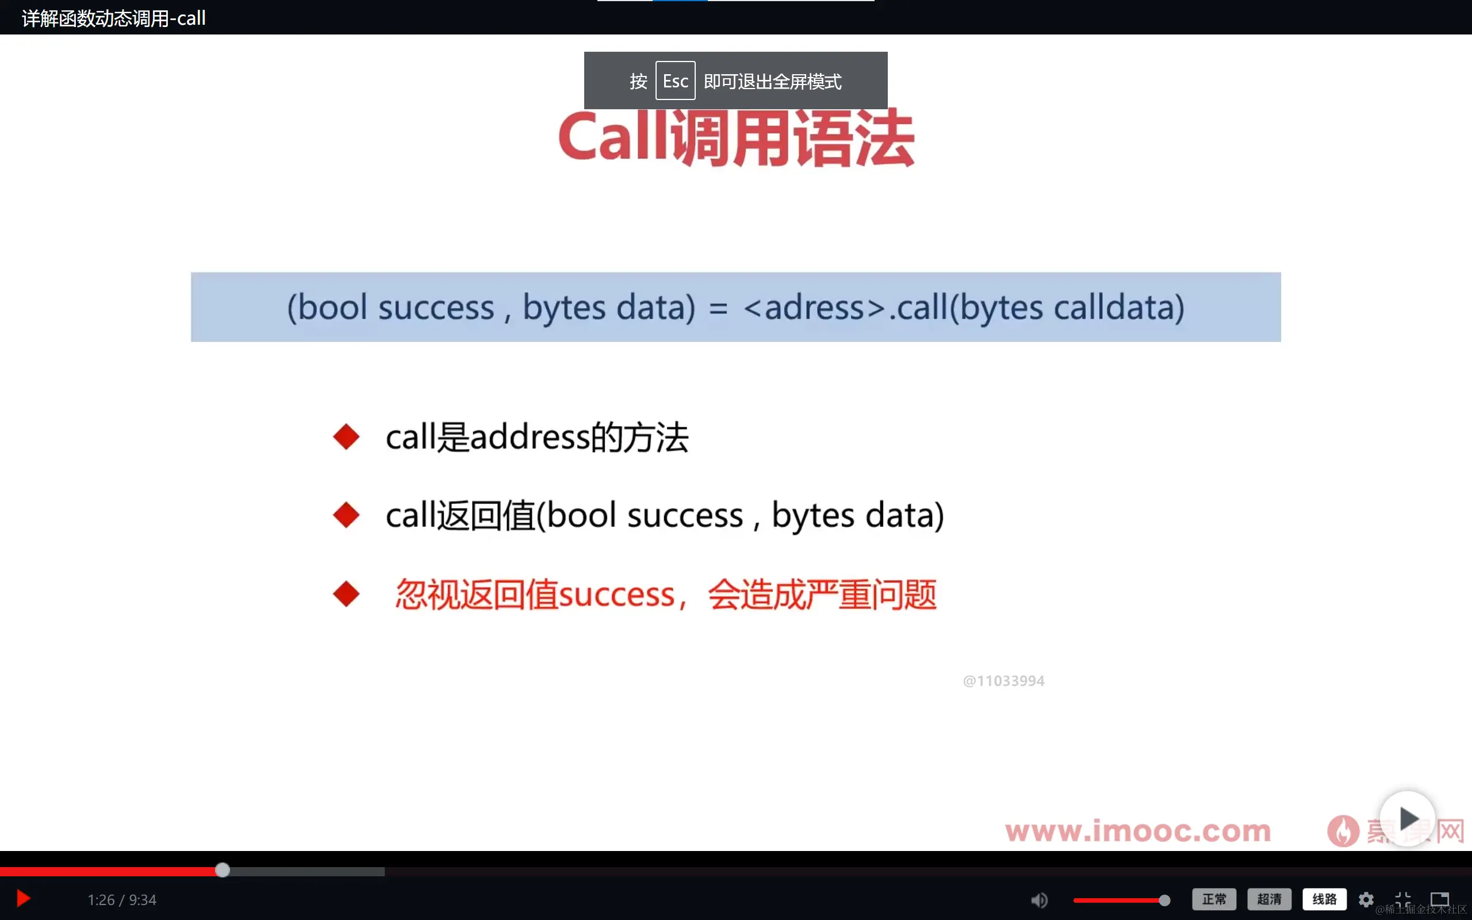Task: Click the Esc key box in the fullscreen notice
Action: click(x=675, y=81)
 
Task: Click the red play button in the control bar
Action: click(x=23, y=899)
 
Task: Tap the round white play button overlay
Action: click(x=1407, y=818)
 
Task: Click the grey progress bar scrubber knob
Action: click(x=223, y=870)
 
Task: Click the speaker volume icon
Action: click(x=1039, y=899)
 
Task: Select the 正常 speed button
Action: click(x=1214, y=899)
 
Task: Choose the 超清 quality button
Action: click(x=1269, y=899)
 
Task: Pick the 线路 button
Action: click(x=1324, y=899)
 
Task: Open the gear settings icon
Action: click(x=1366, y=899)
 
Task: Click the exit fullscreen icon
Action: click(x=1402, y=899)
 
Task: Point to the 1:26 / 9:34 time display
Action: click(x=122, y=899)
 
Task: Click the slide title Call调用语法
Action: click(x=736, y=139)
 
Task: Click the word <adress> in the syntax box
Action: click(x=814, y=307)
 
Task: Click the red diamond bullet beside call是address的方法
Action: click(x=347, y=437)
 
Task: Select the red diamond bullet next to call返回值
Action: click(x=347, y=515)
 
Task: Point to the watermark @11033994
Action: click(x=1003, y=681)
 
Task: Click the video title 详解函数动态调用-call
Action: click(x=114, y=18)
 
